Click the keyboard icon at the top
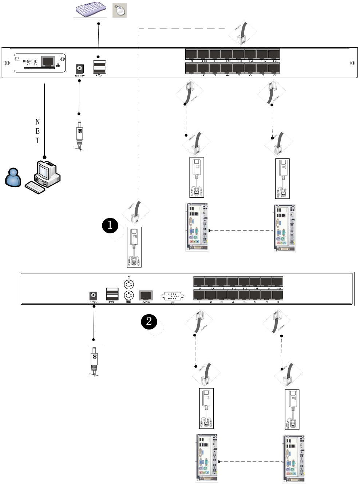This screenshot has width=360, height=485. (90, 10)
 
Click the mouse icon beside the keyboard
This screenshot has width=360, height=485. (119, 10)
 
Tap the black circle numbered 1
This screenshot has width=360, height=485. (110, 225)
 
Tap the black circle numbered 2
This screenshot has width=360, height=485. (149, 321)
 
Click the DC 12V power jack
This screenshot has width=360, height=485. (79, 68)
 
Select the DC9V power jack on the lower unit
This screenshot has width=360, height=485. (94, 296)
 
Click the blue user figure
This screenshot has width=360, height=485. (13, 177)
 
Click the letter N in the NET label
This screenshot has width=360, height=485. (37, 122)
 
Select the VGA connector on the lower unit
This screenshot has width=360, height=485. (172, 296)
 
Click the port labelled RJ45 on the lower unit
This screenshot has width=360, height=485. (146, 295)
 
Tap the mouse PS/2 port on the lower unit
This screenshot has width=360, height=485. (129, 284)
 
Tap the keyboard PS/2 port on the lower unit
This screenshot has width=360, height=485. (129, 295)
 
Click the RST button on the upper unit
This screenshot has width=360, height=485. (36, 64)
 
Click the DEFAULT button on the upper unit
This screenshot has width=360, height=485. (28, 64)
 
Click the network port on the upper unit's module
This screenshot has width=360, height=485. (48, 61)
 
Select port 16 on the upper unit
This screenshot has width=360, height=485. (274, 54)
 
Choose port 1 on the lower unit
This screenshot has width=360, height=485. (199, 295)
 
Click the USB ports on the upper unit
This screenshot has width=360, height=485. (99, 67)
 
